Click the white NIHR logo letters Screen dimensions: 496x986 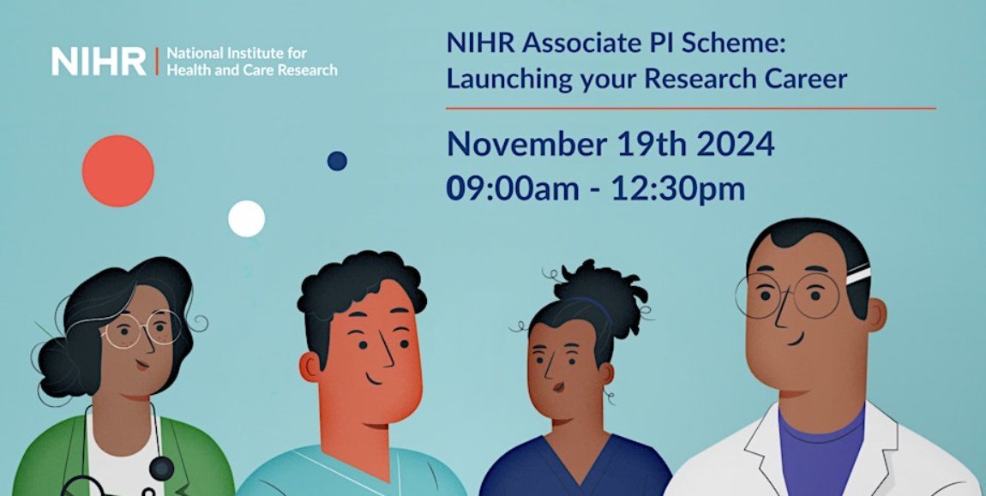click(99, 61)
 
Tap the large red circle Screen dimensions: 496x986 click(117, 170)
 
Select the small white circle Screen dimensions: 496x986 click(246, 218)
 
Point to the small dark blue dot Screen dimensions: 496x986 click(337, 160)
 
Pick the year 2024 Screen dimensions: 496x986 click(735, 144)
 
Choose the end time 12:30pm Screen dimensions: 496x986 click(677, 188)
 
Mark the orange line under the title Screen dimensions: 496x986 click(690, 109)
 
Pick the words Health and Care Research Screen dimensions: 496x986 click(251, 70)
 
